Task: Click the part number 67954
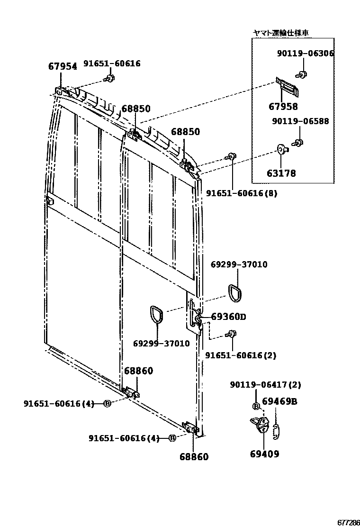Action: point(62,66)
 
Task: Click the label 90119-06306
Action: point(305,54)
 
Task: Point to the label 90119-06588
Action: point(300,121)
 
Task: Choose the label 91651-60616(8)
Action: point(242,193)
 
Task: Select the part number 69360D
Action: point(228,317)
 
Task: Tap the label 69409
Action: point(264,454)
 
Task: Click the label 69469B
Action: point(279,402)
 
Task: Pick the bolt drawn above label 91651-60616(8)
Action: point(232,156)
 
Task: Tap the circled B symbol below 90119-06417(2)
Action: point(256,406)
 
